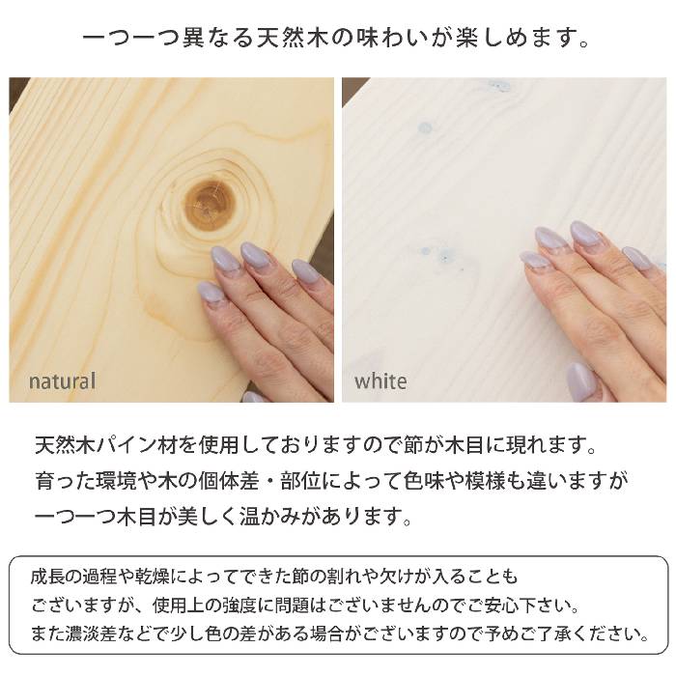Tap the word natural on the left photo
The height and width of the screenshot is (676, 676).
coord(62,381)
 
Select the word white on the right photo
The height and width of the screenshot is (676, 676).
coord(380,381)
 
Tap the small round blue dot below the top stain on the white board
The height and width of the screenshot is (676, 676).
coord(425,127)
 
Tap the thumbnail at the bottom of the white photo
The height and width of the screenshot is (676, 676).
coord(578,381)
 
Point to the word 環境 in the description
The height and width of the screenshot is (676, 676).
coord(117,481)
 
